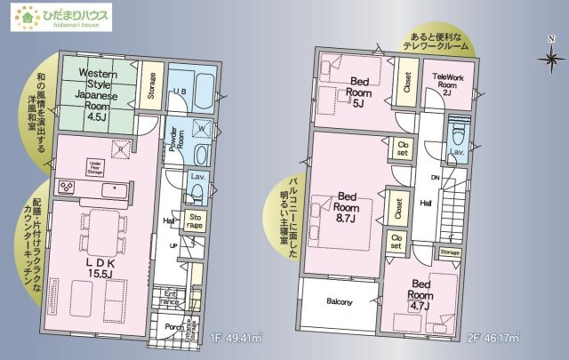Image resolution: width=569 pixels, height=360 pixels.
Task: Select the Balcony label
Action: pos(339,302)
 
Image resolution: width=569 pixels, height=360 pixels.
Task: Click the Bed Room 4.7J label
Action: pos(421,295)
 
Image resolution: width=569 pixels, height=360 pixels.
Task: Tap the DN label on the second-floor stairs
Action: pos(436,178)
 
